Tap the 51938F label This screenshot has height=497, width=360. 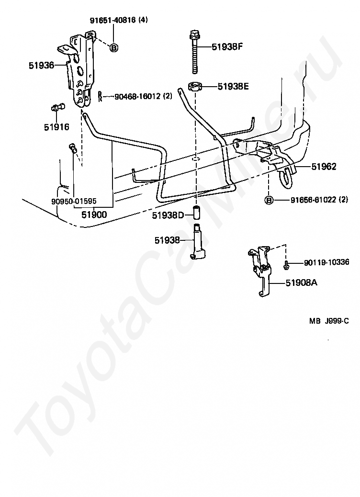227,47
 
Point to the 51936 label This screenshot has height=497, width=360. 42,65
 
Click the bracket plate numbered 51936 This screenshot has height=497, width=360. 79,70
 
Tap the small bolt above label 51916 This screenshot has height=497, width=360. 57,107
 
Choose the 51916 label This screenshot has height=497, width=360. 56,127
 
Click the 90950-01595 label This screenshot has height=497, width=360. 74,201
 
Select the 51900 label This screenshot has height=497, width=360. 94,215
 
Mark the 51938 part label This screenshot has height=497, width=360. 167,240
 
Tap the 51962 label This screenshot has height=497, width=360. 324,167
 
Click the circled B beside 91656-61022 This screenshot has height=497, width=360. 269,200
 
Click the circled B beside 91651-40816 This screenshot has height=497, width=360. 114,48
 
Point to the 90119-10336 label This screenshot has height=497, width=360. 326,262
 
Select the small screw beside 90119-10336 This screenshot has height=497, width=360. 286,265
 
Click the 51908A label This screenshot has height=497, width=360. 302,282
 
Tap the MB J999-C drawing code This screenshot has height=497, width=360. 329,321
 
